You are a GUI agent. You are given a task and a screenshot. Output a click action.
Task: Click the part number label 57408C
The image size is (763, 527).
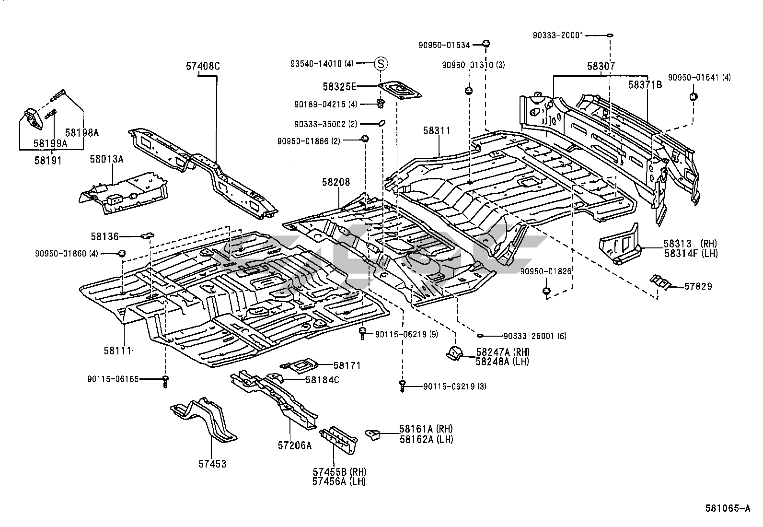click(203, 66)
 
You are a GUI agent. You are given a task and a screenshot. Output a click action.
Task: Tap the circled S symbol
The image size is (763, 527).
click(381, 63)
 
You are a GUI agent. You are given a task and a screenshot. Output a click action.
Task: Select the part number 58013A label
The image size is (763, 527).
click(106, 159)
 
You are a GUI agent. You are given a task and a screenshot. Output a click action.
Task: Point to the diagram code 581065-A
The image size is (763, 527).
click(728, 509)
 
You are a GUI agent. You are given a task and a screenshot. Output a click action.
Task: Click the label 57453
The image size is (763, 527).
click(212, 464)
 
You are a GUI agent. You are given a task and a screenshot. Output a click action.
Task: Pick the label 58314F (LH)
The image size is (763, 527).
click(691, 253)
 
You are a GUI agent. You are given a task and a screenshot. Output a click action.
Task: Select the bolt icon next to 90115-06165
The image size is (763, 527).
click(166, 381)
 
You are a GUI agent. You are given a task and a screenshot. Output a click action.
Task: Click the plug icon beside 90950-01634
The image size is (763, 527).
click(486, 44)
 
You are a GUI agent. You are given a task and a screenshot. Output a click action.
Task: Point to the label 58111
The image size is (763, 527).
click(117, 351)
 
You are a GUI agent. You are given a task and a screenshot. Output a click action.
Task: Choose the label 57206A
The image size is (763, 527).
click(294, 445)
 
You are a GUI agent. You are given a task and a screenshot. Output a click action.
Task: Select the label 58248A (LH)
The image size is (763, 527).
click(502, 362)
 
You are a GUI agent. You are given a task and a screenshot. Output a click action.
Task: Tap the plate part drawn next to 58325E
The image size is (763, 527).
click(400, 90)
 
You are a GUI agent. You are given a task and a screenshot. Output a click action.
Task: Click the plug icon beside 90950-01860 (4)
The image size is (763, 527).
click(122, 253)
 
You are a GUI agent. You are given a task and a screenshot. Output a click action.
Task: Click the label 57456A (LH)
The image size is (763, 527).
click(339, 481)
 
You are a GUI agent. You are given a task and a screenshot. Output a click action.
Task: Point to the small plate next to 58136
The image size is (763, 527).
click(148, 235)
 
